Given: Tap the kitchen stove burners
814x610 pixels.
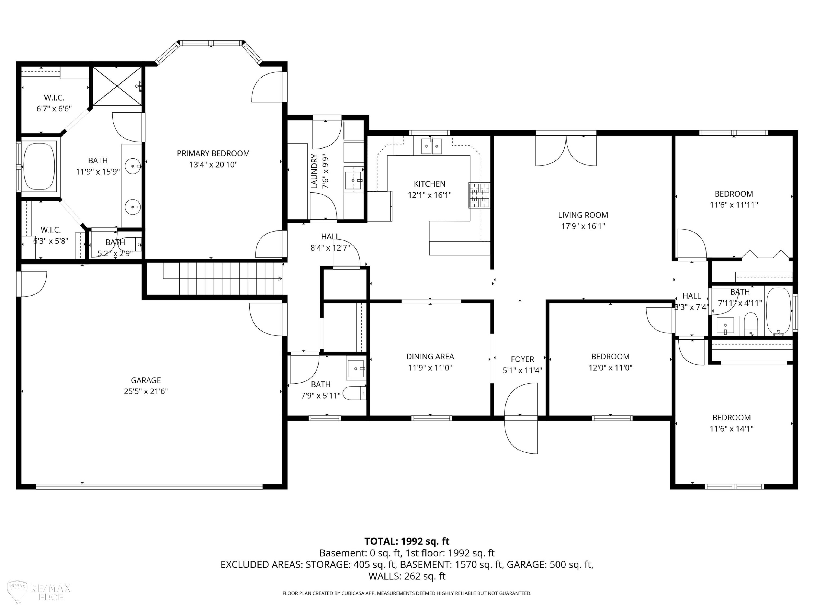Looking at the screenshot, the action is pyautogui.click(x=479, y=196).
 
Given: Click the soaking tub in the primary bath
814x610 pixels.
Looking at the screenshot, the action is pyautogui.click(x=39, y=166).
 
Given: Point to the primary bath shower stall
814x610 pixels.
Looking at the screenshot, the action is pyautogui.click(x=117, y=86).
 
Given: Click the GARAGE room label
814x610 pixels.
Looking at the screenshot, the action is pyautogui.click(x=146, y=380).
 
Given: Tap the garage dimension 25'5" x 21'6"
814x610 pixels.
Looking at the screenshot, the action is pyautogui.click(x=146, y=391).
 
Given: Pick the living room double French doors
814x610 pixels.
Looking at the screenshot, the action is pyautogui.click(x=566, y=151).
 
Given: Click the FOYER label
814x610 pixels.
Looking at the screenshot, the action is pyautogui.click(x=522, y=359).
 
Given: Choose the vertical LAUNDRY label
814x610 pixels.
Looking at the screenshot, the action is pyautogui.click(x=314, y=171).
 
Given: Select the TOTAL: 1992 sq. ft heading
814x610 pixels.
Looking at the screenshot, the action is pyautogui.click(x=407, y=541).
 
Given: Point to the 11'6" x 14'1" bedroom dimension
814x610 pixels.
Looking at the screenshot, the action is pyautogui.click(x=731, y=428).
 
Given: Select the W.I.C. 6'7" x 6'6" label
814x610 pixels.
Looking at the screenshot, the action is pyautogui.click(x=54, y=103).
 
